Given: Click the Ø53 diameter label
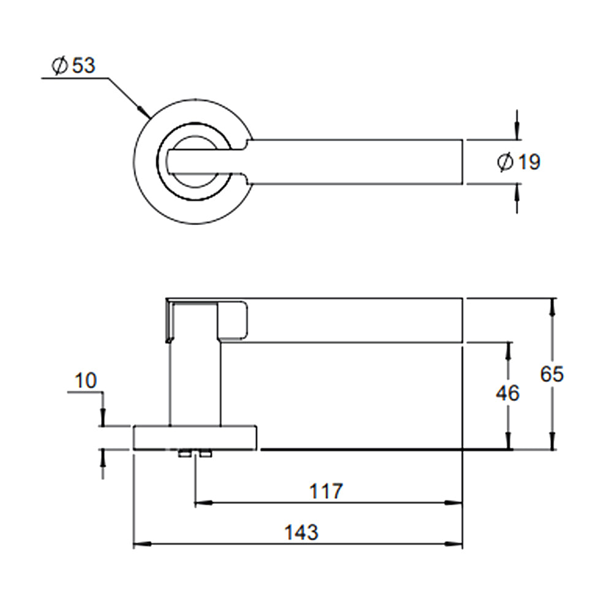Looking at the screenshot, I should click(74, 65).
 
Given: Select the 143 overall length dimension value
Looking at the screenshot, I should click(302, 531).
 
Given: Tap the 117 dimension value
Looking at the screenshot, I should click(326, 491).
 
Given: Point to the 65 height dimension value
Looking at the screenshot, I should click(552, 374).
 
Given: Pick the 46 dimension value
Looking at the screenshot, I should click(508, 393).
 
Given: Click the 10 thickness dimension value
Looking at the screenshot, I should click(86, 381).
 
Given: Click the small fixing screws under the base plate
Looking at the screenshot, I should click(195, 454).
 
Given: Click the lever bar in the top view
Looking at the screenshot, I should click(356, 162).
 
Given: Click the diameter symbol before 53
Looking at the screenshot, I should click(60, 66).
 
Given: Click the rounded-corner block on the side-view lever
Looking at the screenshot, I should click(233, 320).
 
